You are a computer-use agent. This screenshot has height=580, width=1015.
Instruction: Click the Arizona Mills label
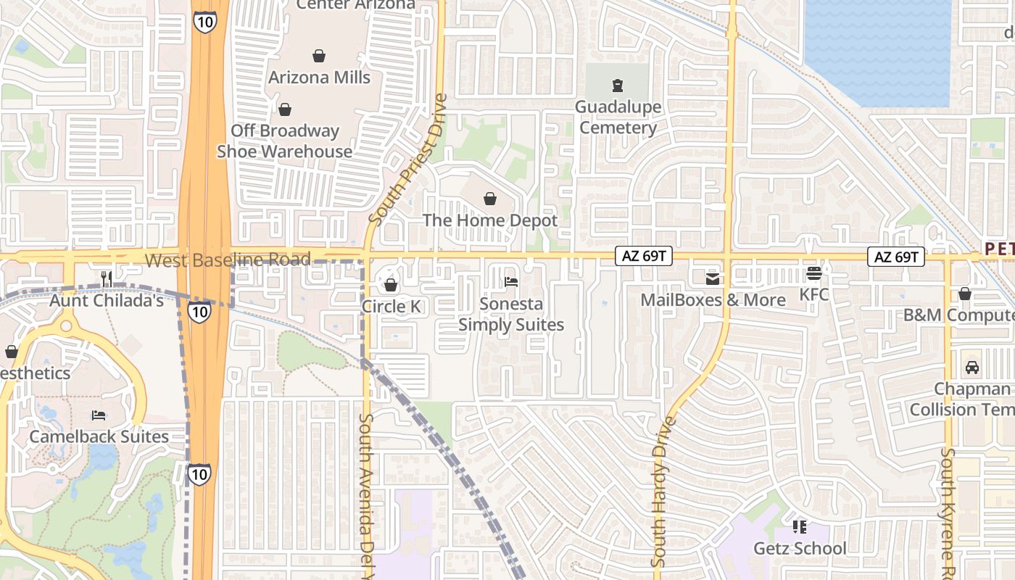coord(319,78)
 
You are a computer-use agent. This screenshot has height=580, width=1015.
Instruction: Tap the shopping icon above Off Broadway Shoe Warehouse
coord(285,109)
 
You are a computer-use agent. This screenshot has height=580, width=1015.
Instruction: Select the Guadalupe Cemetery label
coord(618,117)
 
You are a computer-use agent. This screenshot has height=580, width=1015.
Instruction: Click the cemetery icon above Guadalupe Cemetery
coord(617,86)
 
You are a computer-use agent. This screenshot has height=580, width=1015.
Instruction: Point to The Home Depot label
coord(490,220)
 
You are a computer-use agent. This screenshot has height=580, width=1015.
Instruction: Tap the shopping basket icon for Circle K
coord(391,285)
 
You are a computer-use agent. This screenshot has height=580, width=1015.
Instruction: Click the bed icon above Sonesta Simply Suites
coord(511,282)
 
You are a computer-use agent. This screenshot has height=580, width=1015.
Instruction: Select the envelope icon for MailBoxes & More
coord(713,278)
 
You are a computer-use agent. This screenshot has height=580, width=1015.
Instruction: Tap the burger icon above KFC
coord(813,273)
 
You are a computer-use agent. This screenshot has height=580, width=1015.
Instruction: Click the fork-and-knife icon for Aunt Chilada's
coord(107,278)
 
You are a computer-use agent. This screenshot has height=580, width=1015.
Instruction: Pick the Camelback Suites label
coord(99,437)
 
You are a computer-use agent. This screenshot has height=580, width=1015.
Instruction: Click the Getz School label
coord(800,549)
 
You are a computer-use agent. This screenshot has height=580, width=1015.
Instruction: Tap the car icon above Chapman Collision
coord(972,368)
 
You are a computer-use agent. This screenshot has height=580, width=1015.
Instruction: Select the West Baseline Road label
coord(228,260)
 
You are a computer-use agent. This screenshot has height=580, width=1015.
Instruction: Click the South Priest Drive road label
coord(408,159)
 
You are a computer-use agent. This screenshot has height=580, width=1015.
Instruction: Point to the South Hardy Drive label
coord(660,491)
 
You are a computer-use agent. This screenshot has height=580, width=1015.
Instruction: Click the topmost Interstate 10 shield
coord(204,22)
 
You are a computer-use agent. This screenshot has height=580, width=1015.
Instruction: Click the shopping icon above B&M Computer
coord(965,294)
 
